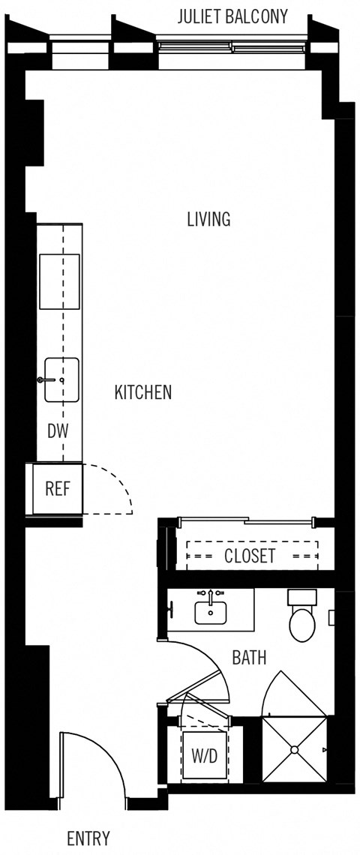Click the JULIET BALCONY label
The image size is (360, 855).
pyautogui.click(x=232, y=17)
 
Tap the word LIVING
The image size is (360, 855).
pyautogui.click(x=208, y=219)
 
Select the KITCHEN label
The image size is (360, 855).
pyautogui.click(x=143, y=392)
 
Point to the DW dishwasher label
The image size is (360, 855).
pyautogui.click(x=58, y=431)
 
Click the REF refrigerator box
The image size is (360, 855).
pyautogui.click(x=57, y=489)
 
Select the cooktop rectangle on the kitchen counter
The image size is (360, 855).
pyautogui.click(x=59, y=281)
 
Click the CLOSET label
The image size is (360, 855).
pyautogui.click(x=250, y=556)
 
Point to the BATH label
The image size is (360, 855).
pyautogui.click(x=250, y=658)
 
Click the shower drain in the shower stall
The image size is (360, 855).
pyautogui.click(x=295, y=748)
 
